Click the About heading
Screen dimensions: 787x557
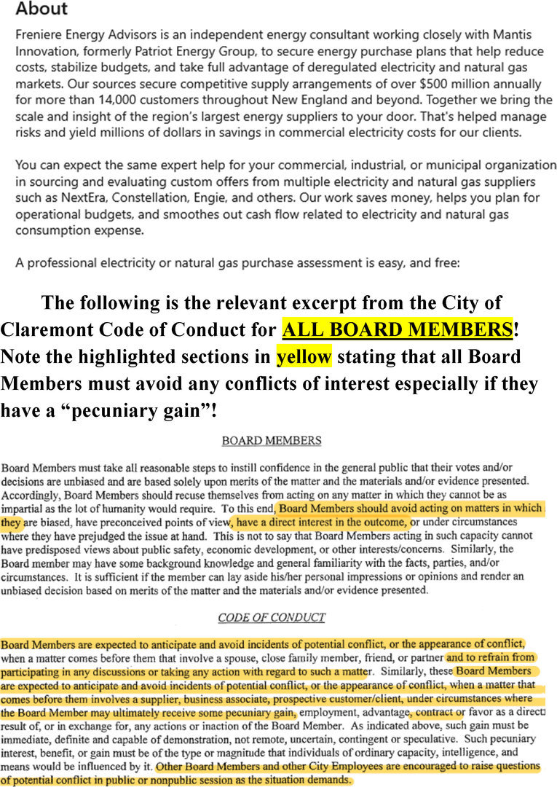pyautogui.click(x=42, y=9)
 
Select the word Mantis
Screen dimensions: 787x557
pyautogui.click(x=511, y=35)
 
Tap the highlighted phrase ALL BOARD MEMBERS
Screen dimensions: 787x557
pyautogui.click(x=397, y=329)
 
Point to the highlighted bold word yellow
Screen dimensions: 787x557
pyautogui.click(x=304, y=357)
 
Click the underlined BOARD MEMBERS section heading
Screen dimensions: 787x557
pyautogui.click(x=271, y=441)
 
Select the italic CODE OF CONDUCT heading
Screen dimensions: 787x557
pyautogui.click(x=271, y=617)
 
